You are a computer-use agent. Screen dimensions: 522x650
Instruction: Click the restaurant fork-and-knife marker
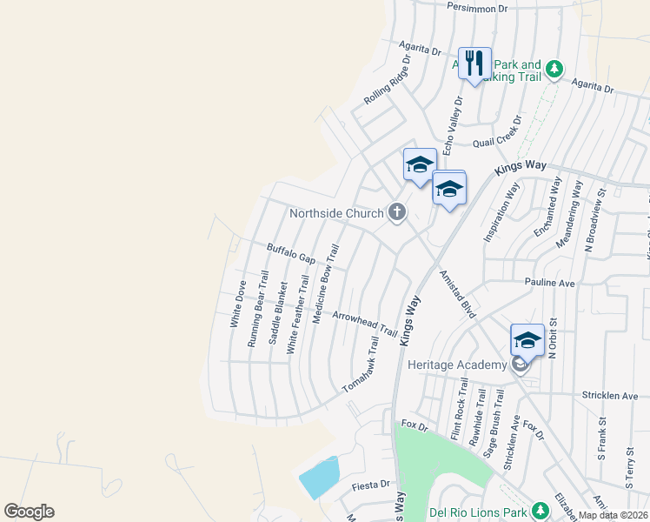tap(474, 64)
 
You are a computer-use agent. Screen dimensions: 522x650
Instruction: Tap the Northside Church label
tap(336, 213)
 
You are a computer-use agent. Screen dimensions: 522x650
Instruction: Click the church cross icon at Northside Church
tap(397, 211)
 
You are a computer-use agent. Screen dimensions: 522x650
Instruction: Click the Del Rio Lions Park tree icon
tap(540, 509)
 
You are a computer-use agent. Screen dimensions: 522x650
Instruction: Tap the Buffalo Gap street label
tap(291, 254)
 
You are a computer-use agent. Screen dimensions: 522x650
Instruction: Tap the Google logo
tap(29, 512)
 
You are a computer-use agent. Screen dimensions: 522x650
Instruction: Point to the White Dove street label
tap(237, 303)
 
